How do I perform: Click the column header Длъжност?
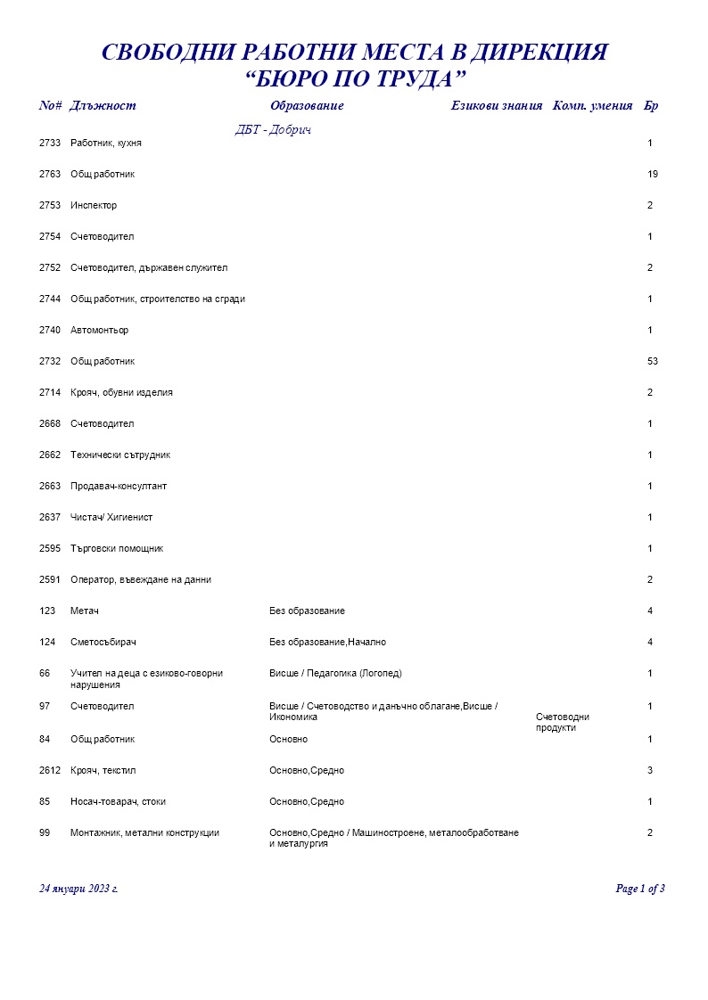point(103,106)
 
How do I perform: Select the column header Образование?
point(307,106)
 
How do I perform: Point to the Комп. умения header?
point(593,106)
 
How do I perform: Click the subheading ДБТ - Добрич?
point(273,130)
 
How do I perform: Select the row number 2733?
point(50,143)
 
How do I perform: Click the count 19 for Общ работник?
point(653,174)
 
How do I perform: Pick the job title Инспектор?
point(94,205)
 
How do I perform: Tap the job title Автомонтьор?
point(99,330)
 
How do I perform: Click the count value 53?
point(653,361)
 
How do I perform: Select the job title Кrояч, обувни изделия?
point(121,392)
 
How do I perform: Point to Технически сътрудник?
point(120,455)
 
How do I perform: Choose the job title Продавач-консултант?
point(119,486)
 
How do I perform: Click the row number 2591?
point(50,579)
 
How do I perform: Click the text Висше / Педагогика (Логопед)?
point(342,673)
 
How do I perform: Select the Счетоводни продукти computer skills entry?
point(563,722)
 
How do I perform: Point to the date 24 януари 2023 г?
point(79,889)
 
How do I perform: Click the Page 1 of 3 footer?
point(640,889)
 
